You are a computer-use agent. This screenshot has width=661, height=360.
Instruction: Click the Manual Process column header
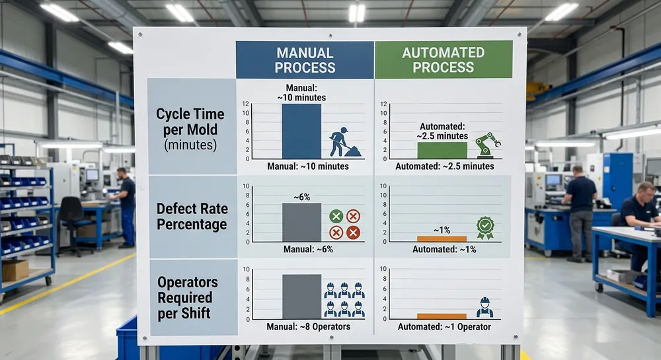pyautogui.click(x=305, y=60)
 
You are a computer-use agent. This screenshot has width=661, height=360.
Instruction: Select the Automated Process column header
pyautogui.click(x=444, y=60)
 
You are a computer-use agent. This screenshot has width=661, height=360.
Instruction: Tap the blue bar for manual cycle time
pyautogui.click(x=301, y=131)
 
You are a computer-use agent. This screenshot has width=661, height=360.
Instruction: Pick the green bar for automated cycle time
pyautogui.click(x=442, y=150)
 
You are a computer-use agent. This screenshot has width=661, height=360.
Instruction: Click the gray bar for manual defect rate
pyautogui.click(x=301, y=222)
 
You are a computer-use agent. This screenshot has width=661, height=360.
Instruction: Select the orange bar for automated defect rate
pyautogui.click(x=442, y=238)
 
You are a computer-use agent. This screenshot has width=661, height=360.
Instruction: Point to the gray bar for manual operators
pyautogui.click(x=301, y=296)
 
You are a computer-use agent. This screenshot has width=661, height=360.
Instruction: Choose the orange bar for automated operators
pyautogui.click(x=442, y=316)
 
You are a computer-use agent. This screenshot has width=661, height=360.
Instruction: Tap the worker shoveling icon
pyautogui.click(x=344, y=142)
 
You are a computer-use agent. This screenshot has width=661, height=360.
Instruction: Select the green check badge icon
pyautogui.click(x=485, y=227)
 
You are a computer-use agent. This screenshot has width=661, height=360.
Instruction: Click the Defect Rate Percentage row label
pyautogui.click(x=191, y=217)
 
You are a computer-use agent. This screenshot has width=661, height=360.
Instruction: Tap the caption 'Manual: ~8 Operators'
pyautogui.click(x=308, y=326)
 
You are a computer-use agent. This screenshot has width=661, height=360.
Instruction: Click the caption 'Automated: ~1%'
pyautogui.click(x=444, y=250)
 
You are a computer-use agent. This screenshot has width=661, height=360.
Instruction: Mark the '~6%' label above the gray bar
pyautogui.click(x=302, y=196)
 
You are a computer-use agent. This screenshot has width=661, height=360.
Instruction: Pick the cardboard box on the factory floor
pyautogui.click(x=15, y=270)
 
